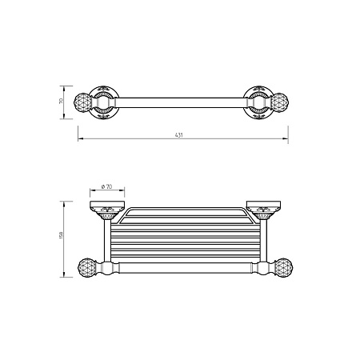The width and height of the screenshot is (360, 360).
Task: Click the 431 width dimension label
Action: (178, 135)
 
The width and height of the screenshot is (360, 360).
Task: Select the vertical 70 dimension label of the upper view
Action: (61, 101)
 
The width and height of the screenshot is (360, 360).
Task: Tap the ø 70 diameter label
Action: (106, 186)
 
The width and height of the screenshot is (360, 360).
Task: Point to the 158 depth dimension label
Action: (61, 235)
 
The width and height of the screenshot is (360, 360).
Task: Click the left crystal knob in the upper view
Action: (82, 102)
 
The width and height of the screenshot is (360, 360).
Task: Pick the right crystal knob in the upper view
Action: (280, 102)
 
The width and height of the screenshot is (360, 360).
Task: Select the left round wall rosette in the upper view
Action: (103, 102)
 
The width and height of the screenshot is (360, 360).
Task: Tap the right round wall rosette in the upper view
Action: (258, 102)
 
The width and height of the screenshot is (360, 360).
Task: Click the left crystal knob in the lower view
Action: (87, 268)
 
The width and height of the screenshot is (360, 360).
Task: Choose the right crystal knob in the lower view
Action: (284, 268)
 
